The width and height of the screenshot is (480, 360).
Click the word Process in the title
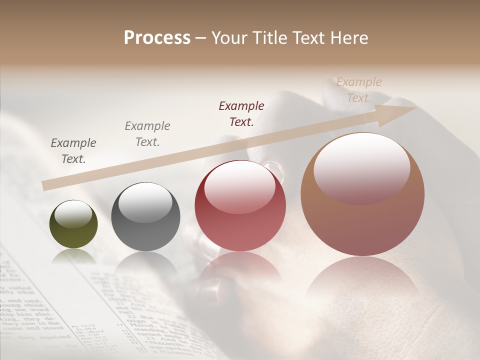pos(157,38)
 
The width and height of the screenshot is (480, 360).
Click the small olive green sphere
pos(73,224)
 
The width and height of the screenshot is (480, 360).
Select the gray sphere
pos(145,217)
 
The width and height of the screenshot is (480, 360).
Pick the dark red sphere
pos(240,206)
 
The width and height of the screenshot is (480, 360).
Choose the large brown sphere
pos(362,194)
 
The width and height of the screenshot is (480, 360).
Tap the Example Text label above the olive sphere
pos(73,150)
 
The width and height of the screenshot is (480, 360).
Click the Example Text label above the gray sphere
pos(147,133)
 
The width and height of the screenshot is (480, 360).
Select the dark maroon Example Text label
pos(241,113)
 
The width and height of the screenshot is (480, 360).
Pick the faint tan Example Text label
pos(359,89)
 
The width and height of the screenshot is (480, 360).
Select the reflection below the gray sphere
pos(145,265)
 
